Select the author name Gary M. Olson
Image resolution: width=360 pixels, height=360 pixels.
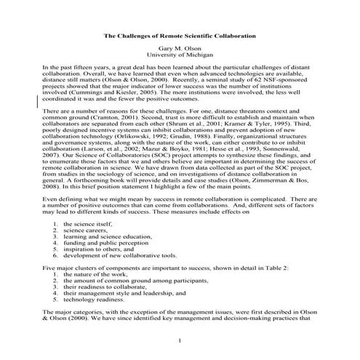(x=179, y=48)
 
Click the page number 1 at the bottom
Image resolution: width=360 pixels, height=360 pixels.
(x=180, y=340)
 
